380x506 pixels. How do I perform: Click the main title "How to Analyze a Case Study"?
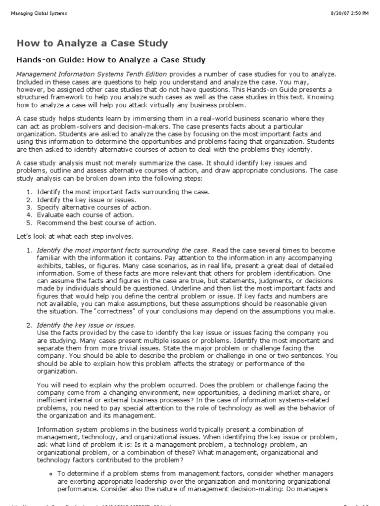[93, 43]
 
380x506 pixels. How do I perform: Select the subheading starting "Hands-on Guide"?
[111, 60]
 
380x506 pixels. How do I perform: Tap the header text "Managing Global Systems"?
[39, 13]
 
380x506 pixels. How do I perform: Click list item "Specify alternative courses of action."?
[94, 208]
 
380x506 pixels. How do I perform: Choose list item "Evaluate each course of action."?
[85, 215]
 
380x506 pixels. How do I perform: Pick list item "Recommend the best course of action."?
[96, 223]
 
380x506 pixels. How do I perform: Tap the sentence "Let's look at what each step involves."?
[74, 237]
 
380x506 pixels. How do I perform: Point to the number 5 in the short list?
[29, 223]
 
